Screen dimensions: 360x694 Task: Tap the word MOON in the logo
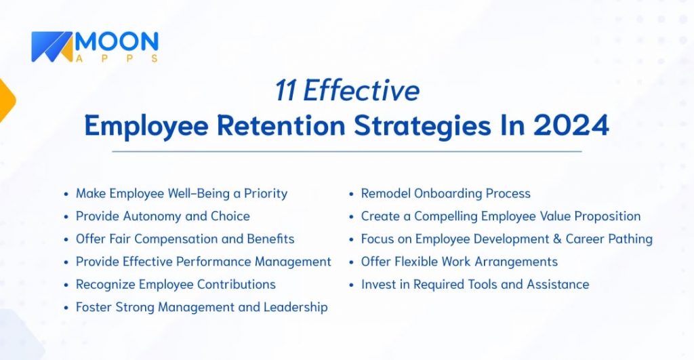tap(116, 42)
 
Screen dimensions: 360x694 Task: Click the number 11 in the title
tap(285, 91)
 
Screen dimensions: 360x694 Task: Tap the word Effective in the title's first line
tap(361, 91)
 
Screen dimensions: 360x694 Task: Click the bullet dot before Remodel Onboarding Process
tap(351, 195)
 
